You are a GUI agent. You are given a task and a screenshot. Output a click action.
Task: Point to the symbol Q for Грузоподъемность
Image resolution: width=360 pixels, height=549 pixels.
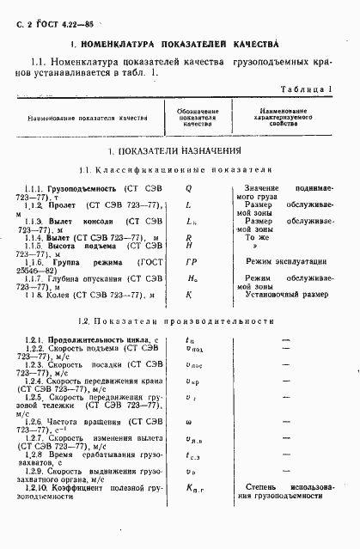pyautogui.click(x=188, y=186)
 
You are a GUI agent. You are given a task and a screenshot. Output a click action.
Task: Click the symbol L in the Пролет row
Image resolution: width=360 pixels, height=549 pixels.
pyautogui.click(x=188, y=203)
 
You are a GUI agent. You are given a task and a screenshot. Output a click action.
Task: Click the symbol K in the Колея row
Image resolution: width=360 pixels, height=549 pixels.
pyautogui.click(x=188, y=295)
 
